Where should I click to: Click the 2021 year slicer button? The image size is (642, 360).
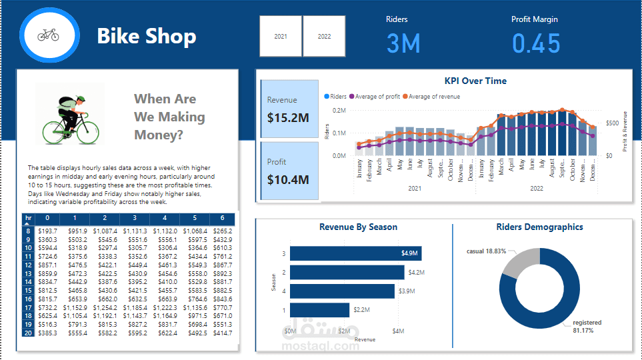point(281,36)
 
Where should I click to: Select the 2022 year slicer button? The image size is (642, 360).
point(324,36)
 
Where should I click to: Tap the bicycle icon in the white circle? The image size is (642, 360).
point(48,35)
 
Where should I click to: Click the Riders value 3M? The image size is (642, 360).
point(403,43)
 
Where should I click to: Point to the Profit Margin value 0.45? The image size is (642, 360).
point(536,43)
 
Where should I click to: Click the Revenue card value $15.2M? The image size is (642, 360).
point(288,118)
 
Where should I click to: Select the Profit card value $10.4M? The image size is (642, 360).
point(288,179)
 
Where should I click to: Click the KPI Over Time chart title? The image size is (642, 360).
point(475,81)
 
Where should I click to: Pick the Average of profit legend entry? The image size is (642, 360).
point(374,97)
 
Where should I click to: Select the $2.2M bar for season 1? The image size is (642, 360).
point(320,310)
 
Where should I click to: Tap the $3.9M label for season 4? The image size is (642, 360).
point(407,291)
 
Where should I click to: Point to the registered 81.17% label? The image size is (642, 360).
point(587,326)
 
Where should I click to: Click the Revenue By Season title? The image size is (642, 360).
point(358,227)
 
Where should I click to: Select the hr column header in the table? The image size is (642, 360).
point(27,218)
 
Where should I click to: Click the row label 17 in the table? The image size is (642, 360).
point(27,307)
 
